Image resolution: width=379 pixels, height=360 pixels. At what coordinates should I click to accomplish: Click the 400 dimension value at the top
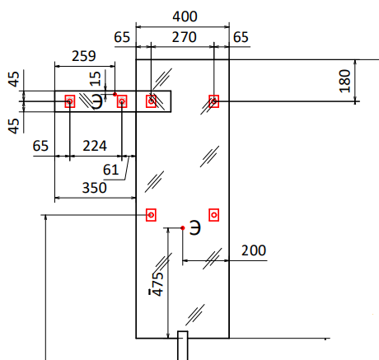[x=185, y=16]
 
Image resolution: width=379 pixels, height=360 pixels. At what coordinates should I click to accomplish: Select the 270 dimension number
[x=185, y=37]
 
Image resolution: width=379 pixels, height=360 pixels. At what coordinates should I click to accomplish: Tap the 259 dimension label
[x=84, y=56]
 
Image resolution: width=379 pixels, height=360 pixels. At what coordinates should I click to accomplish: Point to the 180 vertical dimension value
[x=345, y=81]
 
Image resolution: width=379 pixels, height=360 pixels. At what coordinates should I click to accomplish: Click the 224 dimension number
[x=95, y=146]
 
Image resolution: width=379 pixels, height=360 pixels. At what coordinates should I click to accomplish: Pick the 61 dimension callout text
[x=110, y=170]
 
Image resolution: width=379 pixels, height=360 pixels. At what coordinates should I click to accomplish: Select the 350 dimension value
[x=95, y=188]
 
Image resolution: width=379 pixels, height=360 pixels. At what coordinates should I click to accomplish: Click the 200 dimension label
[x=254, y=250]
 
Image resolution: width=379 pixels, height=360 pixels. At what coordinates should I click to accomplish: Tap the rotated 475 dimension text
[x=158, y=284]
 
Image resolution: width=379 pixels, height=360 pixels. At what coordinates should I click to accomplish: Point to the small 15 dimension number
[x=96, y=78]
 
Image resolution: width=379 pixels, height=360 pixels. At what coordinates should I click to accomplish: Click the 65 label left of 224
[x=40, y=146]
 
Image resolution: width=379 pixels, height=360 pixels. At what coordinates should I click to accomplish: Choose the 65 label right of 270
[x=241, y=37]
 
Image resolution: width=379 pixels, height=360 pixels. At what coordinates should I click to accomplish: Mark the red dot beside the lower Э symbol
[x=183, y=228]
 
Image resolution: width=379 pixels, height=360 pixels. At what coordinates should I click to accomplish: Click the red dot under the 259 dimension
[x=115, y=94]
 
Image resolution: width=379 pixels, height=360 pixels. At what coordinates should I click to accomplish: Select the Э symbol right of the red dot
[x=195, y=227]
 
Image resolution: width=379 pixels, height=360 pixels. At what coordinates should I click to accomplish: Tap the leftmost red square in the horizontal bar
[x=70, y=101]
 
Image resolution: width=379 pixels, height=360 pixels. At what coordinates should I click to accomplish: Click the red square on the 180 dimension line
[x=214, y=101]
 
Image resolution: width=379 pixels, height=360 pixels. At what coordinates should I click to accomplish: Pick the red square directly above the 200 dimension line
[x=214, y=215]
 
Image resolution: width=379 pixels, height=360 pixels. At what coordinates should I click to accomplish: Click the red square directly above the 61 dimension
[x=122, y=101]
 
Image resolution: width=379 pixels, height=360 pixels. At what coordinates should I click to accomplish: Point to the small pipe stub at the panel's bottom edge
[x=183, y=345]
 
